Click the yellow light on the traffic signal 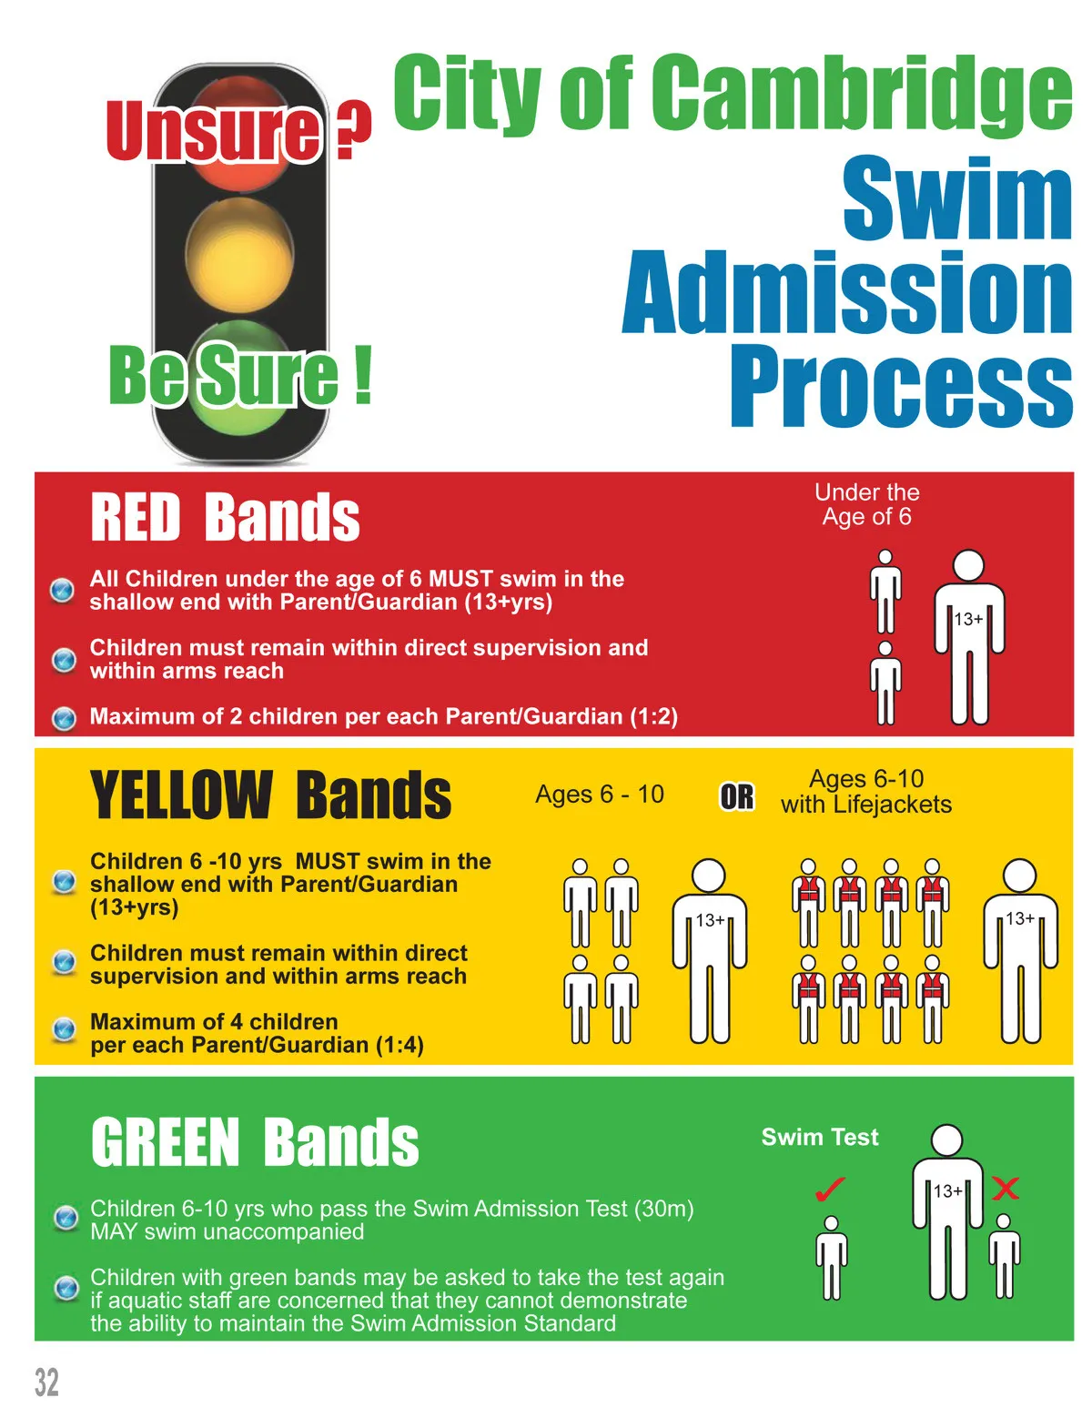pyautogui.click(x=239, y=255)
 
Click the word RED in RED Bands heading pyautogui.click(x=136, y=517)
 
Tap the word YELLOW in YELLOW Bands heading pyautogui.click(x=181, y=795)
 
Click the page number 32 pyautogui.click(x=46, y=1382)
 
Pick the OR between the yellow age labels pyautogui.click(x=737, y=796)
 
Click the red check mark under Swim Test pyautogui.click(x=830, y=1190)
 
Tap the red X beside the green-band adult pyautogui.click(x=1005, y=1189)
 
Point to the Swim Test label pyautogui.click(x=820, y=1137)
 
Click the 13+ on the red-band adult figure pyautogui.click(x=967, y=619)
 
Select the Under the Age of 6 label pyautogui.click(x=867, y=504)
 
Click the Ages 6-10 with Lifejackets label pyautogui.click(x=866, y=791)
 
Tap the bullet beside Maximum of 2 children pyautogui.click(x=64, y=718)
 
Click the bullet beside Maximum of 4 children pyautogui.click(x=64, y=1029)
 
